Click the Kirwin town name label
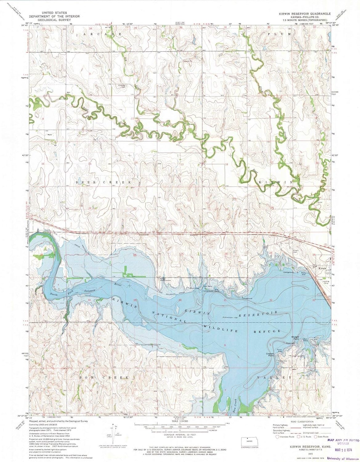coord(322,268)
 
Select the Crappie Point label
coord(271,354)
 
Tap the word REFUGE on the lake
coord(267,331)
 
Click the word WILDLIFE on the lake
coord(220,328)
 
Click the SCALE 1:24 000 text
coord(180,421)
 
